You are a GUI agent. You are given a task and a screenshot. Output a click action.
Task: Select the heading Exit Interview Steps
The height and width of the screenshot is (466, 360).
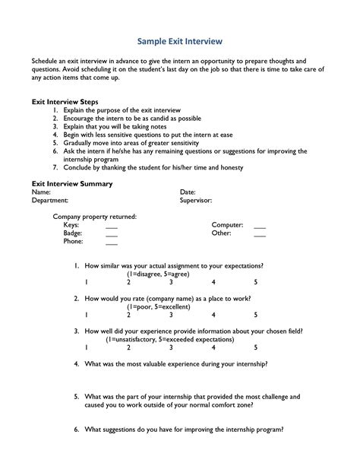point(65,101)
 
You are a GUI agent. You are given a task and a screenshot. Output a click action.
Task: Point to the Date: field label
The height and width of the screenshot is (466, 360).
point(188,192)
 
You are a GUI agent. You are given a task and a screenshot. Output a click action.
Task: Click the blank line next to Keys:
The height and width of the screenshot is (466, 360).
point(112,227)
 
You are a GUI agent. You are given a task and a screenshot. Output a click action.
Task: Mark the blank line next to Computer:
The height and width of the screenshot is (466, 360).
point(260,227)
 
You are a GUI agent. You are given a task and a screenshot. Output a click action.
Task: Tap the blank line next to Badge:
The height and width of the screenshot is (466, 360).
point(112,235)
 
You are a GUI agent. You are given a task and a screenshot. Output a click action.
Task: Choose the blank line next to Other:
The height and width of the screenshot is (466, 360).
point(260,235)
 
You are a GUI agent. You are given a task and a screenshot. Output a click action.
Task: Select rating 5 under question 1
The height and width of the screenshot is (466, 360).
point(256,282)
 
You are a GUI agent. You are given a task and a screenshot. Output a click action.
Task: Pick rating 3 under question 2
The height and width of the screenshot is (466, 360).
point(171,315)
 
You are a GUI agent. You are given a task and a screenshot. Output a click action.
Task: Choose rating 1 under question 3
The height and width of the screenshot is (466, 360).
point(87,347)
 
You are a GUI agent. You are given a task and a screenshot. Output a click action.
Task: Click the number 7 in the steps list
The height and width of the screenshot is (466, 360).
point(55,166)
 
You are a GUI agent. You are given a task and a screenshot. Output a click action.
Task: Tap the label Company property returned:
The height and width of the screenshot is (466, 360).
point(94,217)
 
